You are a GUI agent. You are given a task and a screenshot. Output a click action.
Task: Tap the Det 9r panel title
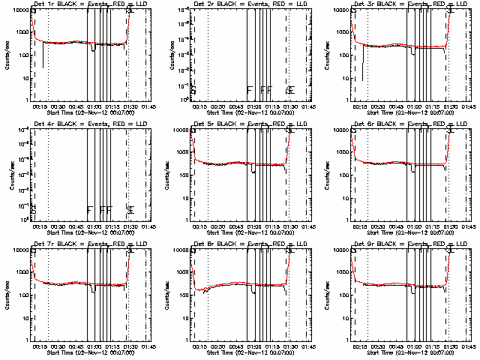tap(403, 244)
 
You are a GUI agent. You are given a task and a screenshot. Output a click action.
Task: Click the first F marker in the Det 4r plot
tap(89, 210)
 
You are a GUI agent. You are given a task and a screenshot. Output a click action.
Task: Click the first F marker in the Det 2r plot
tap(250, 90)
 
